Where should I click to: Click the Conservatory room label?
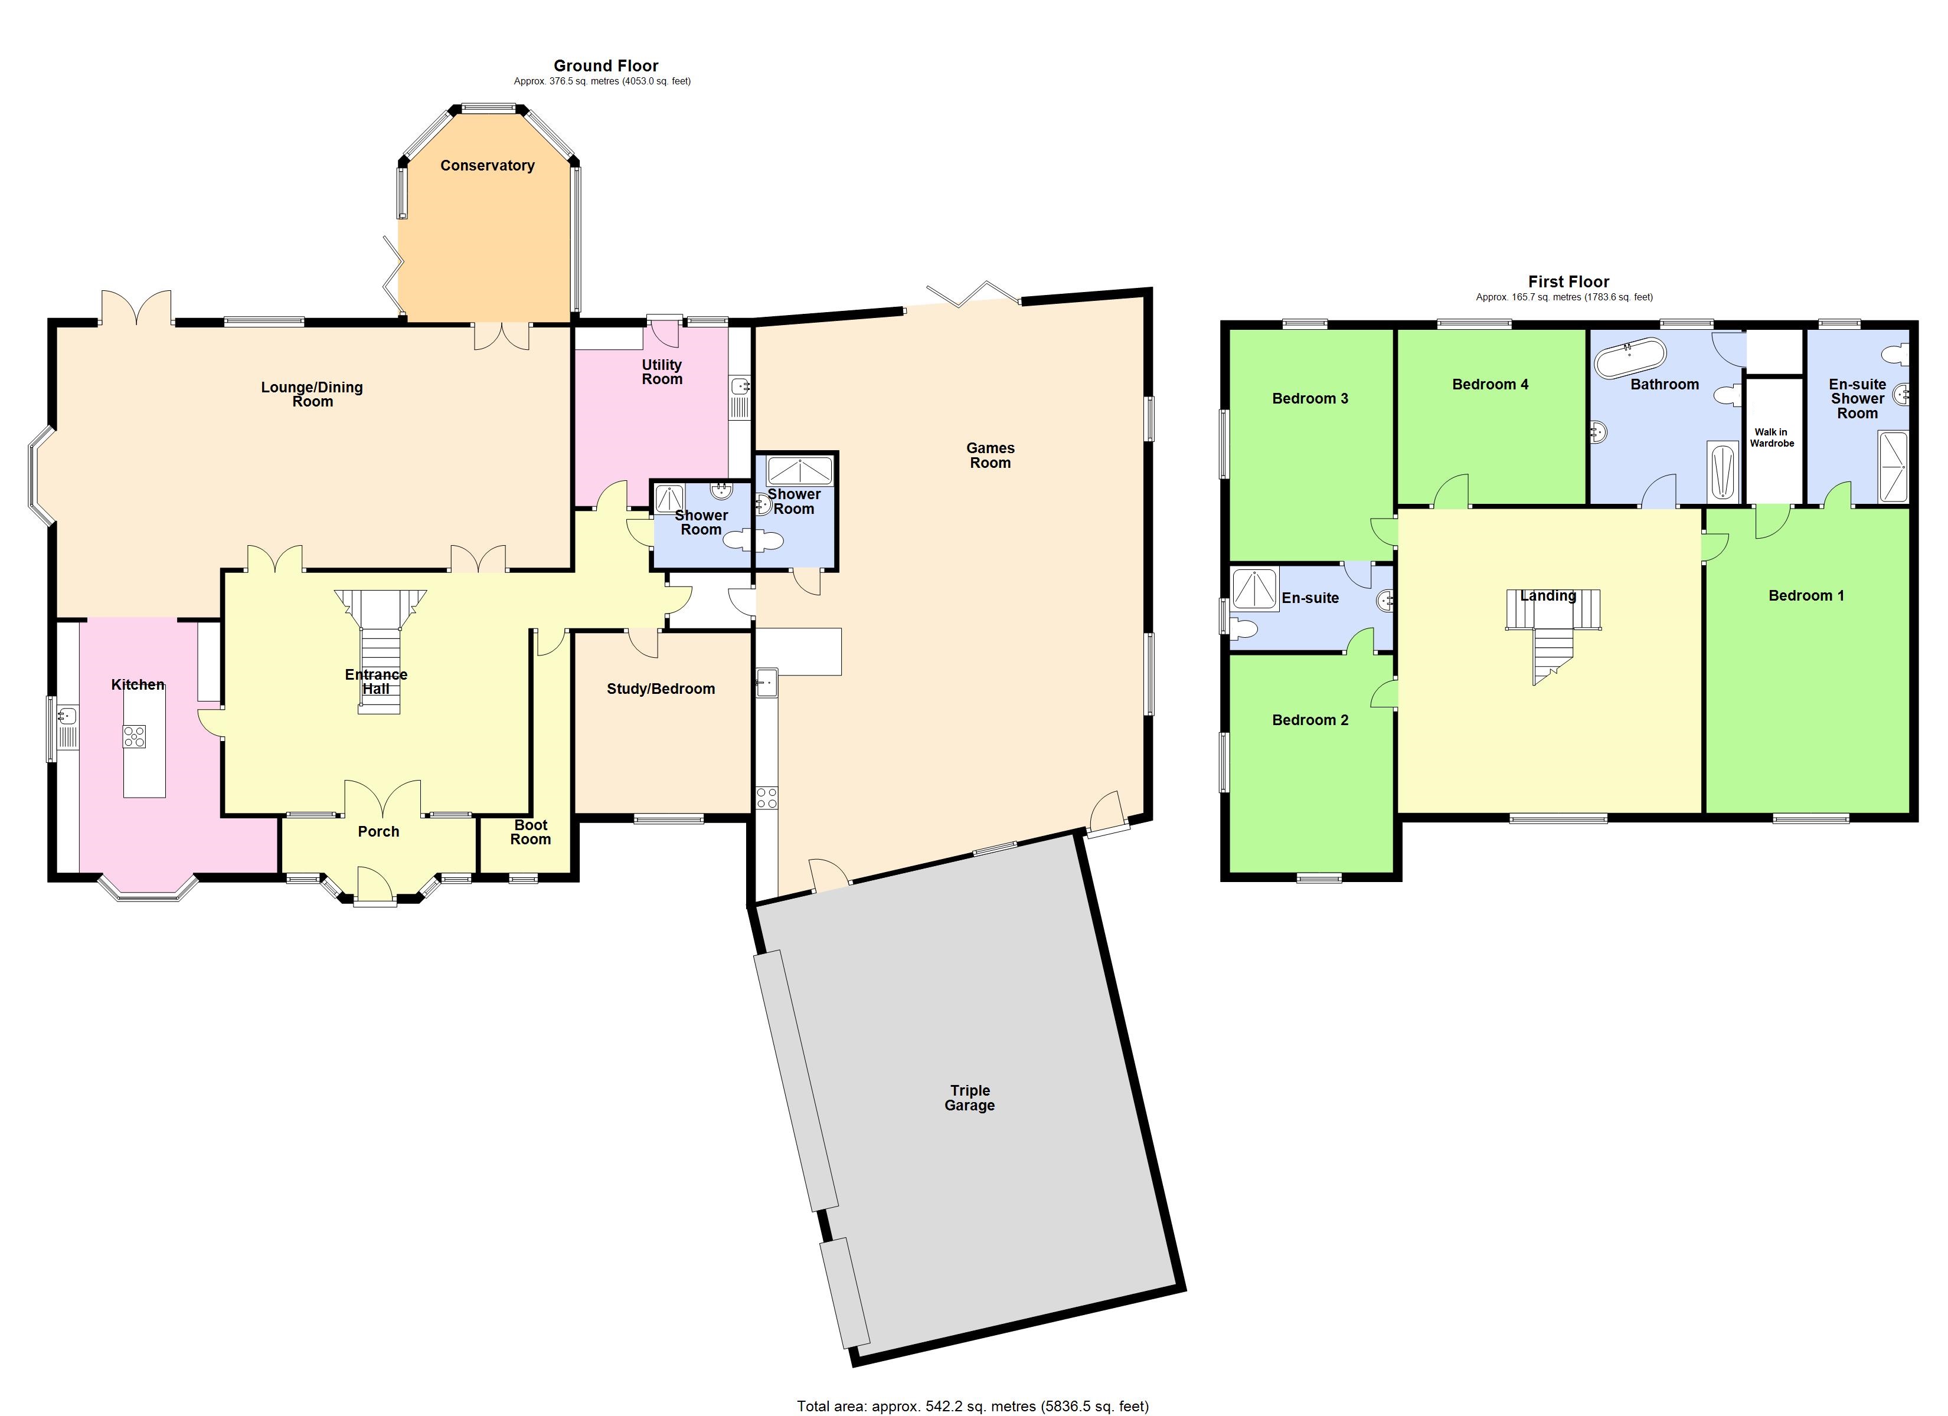pos(487,166)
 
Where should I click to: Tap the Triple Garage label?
pos(970,1097)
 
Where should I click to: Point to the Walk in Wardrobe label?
pos(1771,438)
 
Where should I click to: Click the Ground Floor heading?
pos(606,66)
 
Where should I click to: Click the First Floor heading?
pos(1568,281)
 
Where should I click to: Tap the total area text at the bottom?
pos(972,1406)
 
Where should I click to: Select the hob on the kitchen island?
pos(134,736)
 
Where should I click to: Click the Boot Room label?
pos(530,832)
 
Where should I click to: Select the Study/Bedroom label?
pos(661,689)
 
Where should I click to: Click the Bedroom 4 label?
pos(1489,385)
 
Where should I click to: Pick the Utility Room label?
pos(661,372)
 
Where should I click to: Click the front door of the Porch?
pos(375,886)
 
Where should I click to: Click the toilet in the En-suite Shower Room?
pos(1895,353)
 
